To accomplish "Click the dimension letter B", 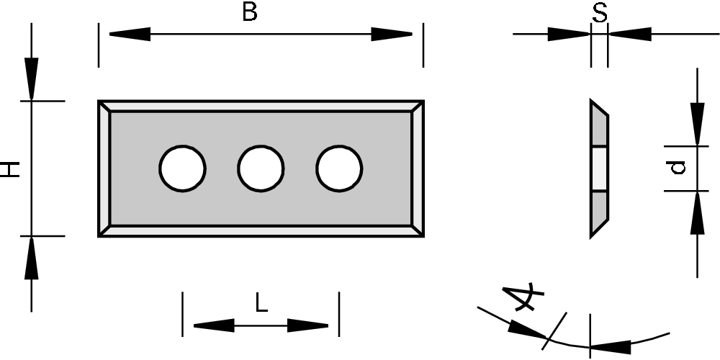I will point(249,12).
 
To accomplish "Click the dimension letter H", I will point(10,169).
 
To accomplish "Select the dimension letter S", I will point(599,12).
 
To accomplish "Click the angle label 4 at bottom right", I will point(523,297).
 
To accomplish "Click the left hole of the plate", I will point(183,169).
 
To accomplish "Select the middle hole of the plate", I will point(261,169).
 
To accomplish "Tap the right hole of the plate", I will point(338,169).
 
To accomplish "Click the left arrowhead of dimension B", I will point(130,34).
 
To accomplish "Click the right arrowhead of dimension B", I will point(392,34).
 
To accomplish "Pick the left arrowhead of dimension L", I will point(214,325).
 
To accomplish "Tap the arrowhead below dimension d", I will point(697,212).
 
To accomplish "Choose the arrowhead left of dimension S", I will point(569,34).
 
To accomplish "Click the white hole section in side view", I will point(599,169).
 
